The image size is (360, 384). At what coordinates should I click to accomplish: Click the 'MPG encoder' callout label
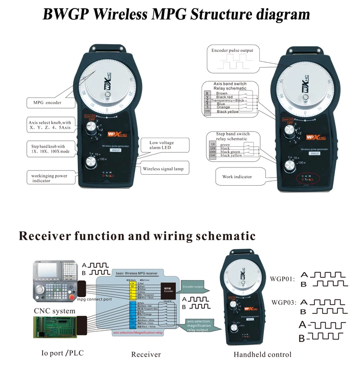click(x=48, y=103)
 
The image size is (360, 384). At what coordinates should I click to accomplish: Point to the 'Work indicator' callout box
click(x=237, y=177)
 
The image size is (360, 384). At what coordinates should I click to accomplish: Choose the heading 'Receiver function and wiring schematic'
click(x=137, y=236)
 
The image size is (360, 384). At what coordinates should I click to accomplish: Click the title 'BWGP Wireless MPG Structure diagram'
click(x=176, y=14)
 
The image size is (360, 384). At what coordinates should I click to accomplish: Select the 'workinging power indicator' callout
click(x=47, y=178)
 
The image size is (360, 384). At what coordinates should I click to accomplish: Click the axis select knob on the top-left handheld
click(x=91, y=128)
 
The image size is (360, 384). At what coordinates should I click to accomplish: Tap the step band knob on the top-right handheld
click(x=289, y=167)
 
